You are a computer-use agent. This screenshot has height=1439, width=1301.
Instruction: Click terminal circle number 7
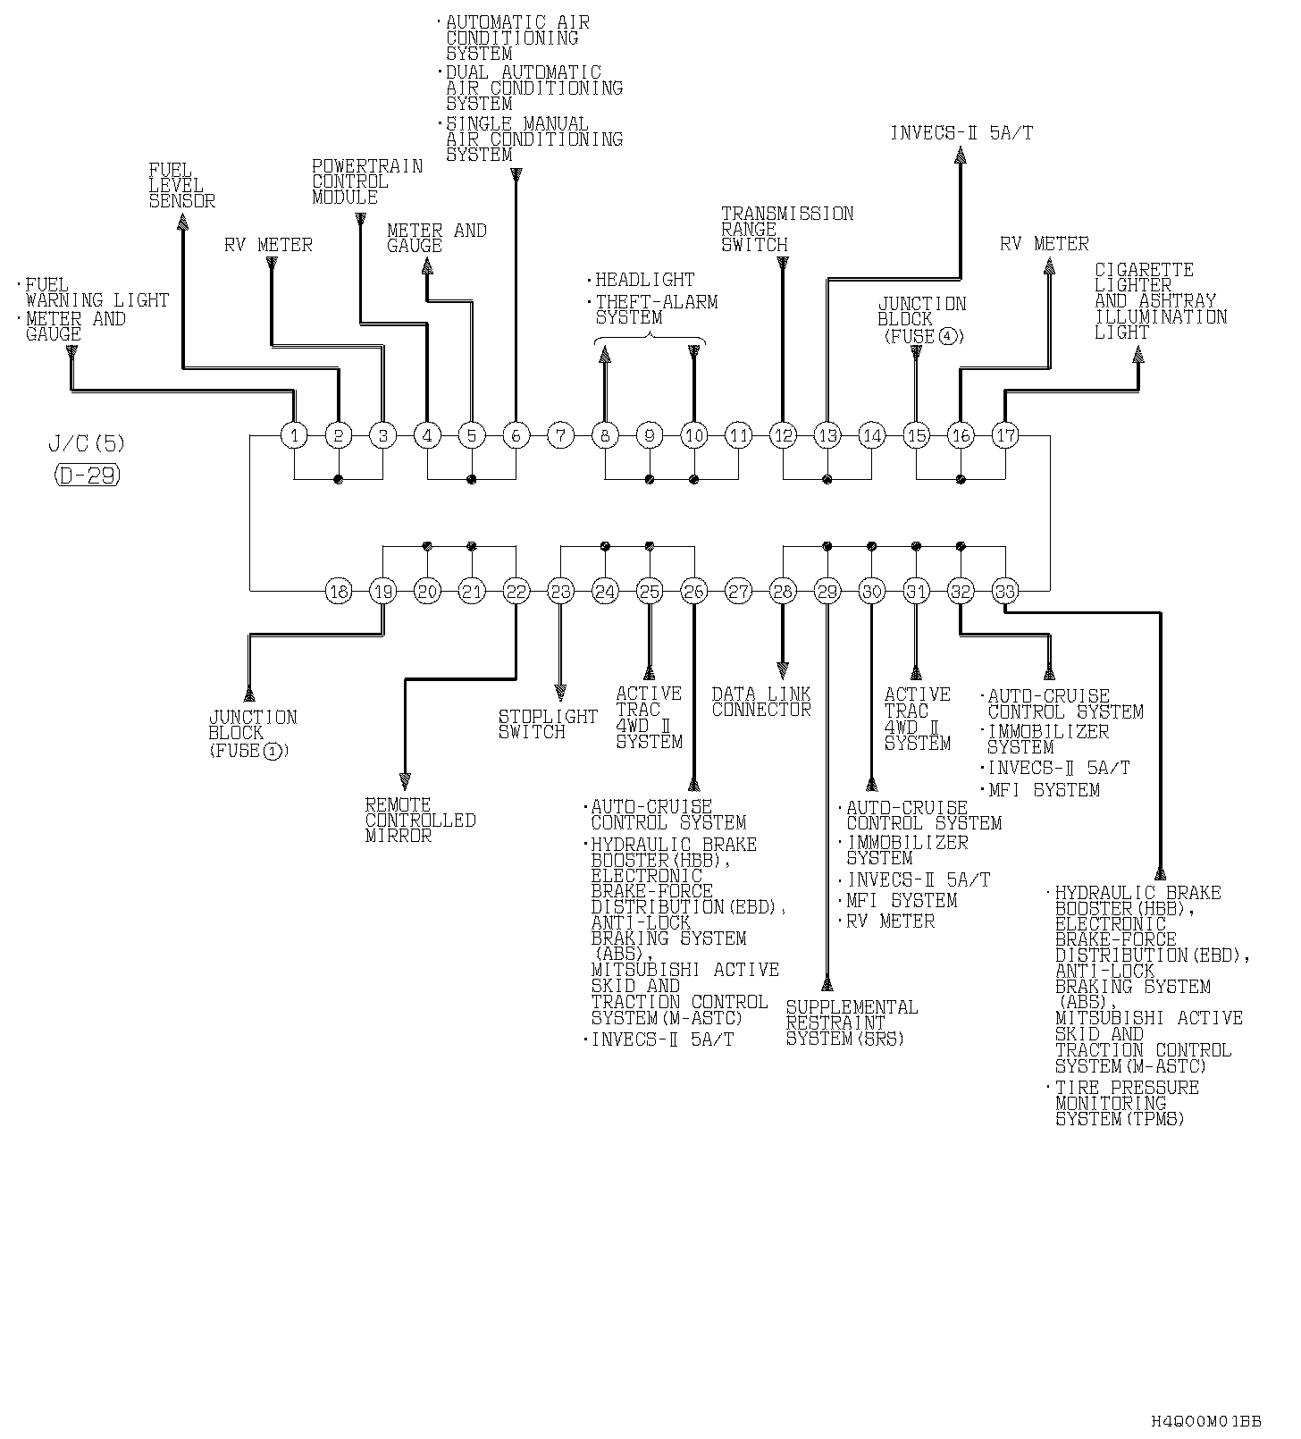coord(560,435)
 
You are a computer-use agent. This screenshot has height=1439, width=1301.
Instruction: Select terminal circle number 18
coord(339,591)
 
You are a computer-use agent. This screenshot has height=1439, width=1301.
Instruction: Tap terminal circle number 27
coord(738,591)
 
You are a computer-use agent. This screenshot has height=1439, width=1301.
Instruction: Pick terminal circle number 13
coord(827,435)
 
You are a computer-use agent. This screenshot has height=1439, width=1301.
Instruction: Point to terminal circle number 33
coord(1005,591)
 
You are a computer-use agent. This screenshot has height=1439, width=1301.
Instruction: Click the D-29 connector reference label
coord(87,475)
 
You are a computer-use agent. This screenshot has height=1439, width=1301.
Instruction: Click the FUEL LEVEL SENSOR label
coord(181,186)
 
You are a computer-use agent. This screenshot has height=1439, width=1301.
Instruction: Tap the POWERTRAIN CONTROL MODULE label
coord(366,181)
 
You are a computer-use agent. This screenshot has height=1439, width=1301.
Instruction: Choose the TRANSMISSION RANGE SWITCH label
coord(786,229)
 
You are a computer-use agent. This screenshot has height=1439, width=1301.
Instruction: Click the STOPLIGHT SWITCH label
coord(548,724)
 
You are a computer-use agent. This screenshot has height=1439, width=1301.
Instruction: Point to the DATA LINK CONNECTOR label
coord(761,702)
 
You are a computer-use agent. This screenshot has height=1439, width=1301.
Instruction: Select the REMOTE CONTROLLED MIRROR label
coord(420,820)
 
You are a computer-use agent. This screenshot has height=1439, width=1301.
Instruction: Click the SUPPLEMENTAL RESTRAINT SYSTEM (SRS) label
coord(851,1022)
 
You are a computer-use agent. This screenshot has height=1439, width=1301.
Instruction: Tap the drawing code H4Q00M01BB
coord(1205,1420)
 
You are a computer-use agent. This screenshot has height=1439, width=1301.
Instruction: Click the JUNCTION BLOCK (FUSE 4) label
coord(921,320)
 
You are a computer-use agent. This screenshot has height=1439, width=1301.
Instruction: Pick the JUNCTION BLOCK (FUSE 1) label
coord(252,734)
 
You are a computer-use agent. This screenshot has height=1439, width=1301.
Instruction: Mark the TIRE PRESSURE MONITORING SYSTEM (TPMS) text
coord(1126,1103)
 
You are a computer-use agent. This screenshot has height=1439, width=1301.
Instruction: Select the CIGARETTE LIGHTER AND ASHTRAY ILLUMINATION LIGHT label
coord(1160,300)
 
